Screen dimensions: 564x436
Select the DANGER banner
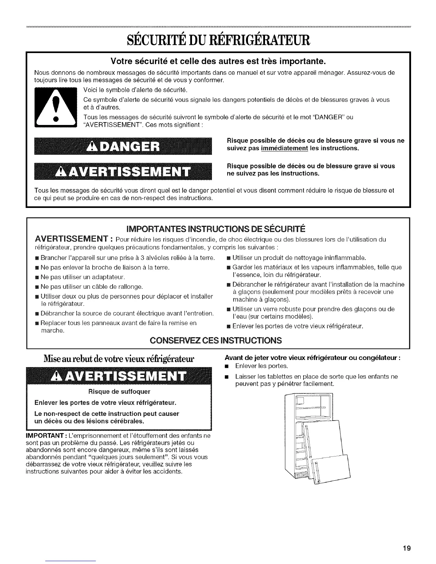click(123, 146)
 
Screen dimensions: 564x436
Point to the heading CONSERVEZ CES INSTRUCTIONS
click(216, 340)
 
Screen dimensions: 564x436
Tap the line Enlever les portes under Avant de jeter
click(261, 366)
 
